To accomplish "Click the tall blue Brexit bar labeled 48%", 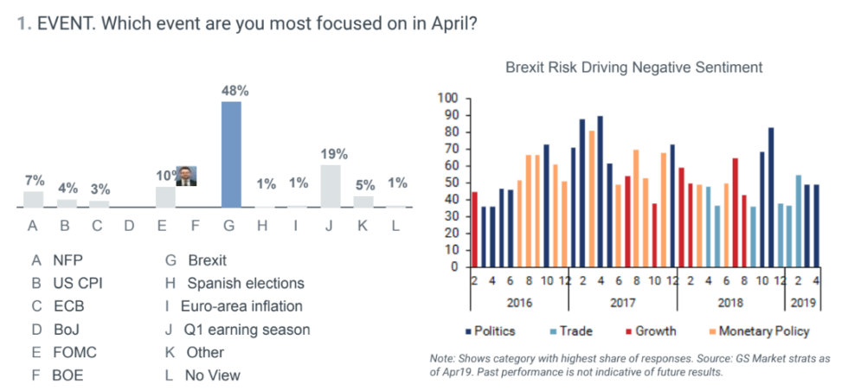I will point(231,154).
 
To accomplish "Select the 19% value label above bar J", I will point(333,154).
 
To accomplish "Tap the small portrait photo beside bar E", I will point(187,176).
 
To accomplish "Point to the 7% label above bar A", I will point(34,181).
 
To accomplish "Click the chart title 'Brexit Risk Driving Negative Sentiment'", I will point(633,67).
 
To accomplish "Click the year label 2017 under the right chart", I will point(622,304).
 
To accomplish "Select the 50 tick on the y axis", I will point(451,183).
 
